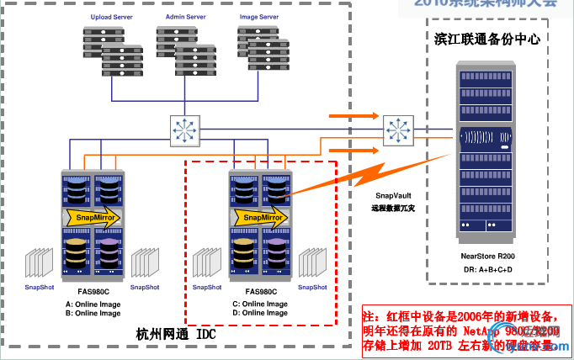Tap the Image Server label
(x=257, y=17)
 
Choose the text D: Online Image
(x=259, y=313)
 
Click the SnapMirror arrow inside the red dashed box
(x=260, y=218)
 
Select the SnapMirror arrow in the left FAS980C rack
(x=93, y=218)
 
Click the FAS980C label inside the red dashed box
(x=259, y=291)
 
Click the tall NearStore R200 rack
(x=487, y=151)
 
